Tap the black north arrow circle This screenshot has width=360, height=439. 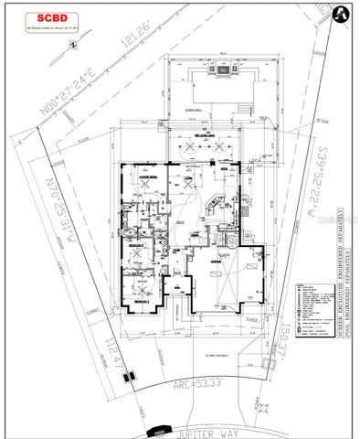(338, 14)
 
